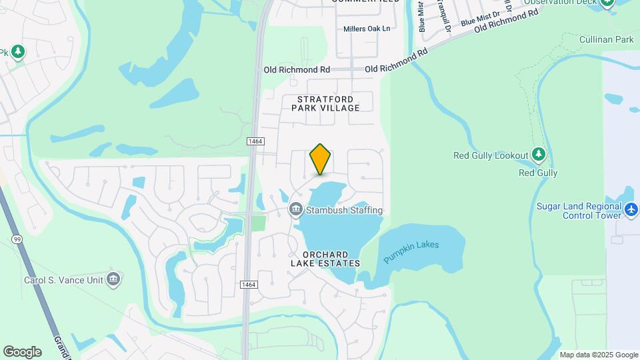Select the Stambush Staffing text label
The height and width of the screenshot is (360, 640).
[344, 211]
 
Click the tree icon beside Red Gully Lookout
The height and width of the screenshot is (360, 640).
[539, 155]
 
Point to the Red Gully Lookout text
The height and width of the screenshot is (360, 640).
[491, 156]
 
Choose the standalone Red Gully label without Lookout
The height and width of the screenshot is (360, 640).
[538, 173]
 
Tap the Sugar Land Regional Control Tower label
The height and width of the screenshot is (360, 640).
[579, 211]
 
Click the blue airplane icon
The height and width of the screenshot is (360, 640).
[631, 210]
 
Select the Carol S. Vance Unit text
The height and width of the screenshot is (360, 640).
[63, 280]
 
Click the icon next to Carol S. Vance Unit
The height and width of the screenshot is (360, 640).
[113, 279]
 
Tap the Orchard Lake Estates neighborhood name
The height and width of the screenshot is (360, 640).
[325, 259]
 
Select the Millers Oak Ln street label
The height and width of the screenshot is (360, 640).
[367, 29]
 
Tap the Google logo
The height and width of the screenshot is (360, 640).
[22, 351]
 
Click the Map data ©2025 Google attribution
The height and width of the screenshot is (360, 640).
[599, 355]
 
